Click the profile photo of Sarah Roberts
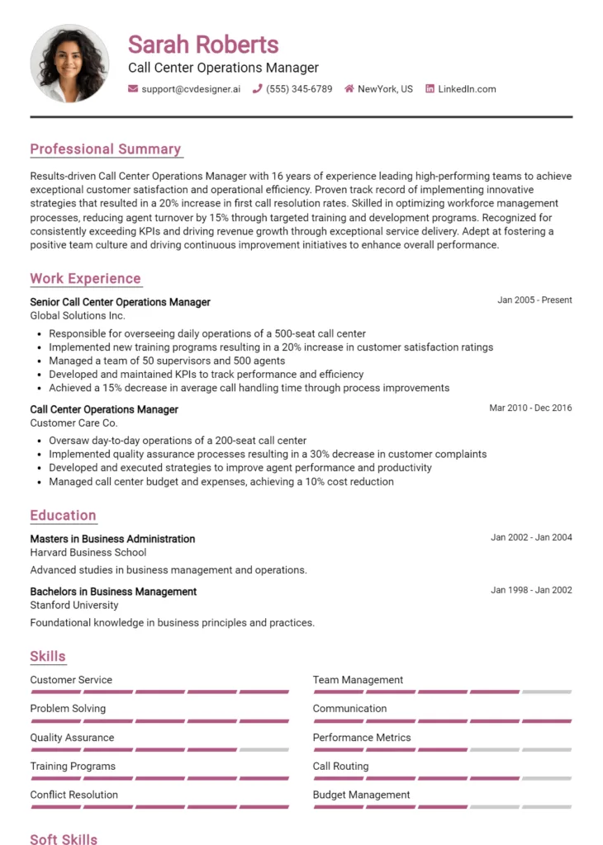69,64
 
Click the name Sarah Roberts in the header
203,44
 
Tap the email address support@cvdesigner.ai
191,89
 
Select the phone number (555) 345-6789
299,89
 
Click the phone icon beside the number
258,89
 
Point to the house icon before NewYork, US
349,89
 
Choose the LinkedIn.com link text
467,89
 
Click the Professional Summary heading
105,149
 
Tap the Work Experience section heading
85,279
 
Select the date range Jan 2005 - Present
534,300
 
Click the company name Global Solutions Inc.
78,316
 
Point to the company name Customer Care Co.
74,423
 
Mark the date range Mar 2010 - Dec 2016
530,408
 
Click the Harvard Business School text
88,553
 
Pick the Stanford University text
74,606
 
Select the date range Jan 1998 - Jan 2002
531,590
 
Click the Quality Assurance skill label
72,738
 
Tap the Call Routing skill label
340,767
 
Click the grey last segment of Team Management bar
547,692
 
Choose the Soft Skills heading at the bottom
64,839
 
